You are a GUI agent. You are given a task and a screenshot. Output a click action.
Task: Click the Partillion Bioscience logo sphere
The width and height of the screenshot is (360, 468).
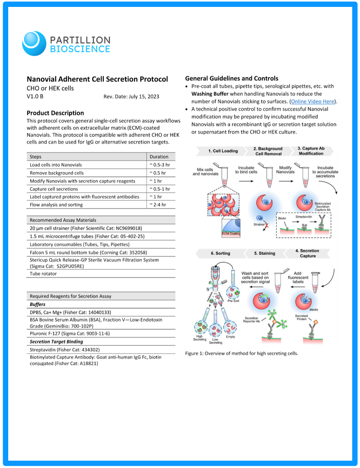34,43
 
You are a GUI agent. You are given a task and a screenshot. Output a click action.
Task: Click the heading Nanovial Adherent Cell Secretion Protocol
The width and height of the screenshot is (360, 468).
97,79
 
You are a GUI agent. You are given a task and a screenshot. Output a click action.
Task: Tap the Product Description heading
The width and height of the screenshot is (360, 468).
55,113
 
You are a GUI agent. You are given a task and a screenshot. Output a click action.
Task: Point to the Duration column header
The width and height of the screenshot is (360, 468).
159,157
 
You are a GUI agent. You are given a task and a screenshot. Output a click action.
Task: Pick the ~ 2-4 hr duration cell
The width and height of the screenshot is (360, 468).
158,205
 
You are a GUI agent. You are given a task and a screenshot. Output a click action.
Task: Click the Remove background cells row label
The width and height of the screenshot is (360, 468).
57,173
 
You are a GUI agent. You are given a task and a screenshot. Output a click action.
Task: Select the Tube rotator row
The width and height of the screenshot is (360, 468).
43,274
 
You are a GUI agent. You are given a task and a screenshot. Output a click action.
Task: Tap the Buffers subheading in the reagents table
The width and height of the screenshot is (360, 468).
38,304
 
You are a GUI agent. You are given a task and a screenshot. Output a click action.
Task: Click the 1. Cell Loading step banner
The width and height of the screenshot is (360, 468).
223,151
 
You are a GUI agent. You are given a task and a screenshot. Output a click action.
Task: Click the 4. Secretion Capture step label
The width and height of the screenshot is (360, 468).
307,253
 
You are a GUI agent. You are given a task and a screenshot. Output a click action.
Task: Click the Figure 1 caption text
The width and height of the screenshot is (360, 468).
242,354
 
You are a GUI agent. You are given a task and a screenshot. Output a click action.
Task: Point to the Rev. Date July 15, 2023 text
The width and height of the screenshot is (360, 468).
131,97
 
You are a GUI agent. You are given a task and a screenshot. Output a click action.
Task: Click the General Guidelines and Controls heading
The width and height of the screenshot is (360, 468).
232,79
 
